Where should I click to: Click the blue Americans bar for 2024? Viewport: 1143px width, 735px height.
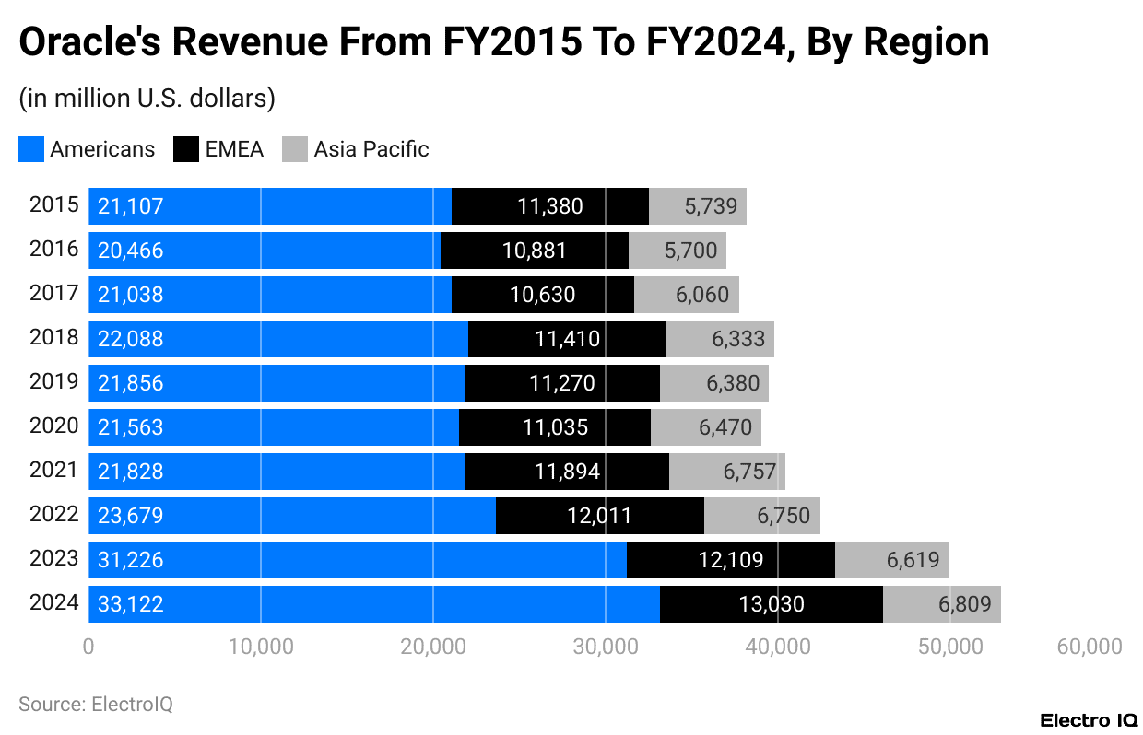point(373,604)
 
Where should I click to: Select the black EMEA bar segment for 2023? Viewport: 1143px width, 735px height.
point(730,560)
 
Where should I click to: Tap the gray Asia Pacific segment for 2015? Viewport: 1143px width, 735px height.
point(697,206)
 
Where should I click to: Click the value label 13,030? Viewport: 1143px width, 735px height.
point(771,604)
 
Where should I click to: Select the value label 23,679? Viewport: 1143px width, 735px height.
point(130,516)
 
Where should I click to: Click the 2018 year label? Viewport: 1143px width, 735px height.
point(54,338)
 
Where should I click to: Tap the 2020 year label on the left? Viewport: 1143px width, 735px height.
point(54,426)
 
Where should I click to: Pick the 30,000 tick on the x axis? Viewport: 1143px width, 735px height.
point(605,647)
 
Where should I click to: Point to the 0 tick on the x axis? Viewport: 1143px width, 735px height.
point(88,647)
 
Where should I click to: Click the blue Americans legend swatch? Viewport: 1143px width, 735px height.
point(31,149)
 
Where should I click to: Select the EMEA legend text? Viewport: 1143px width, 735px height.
point(234,149)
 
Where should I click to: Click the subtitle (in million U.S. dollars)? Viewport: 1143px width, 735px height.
point(147,99)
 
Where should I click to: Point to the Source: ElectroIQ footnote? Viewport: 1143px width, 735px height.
point(96,705)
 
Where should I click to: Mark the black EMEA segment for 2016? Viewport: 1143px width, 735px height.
point(535,251)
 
